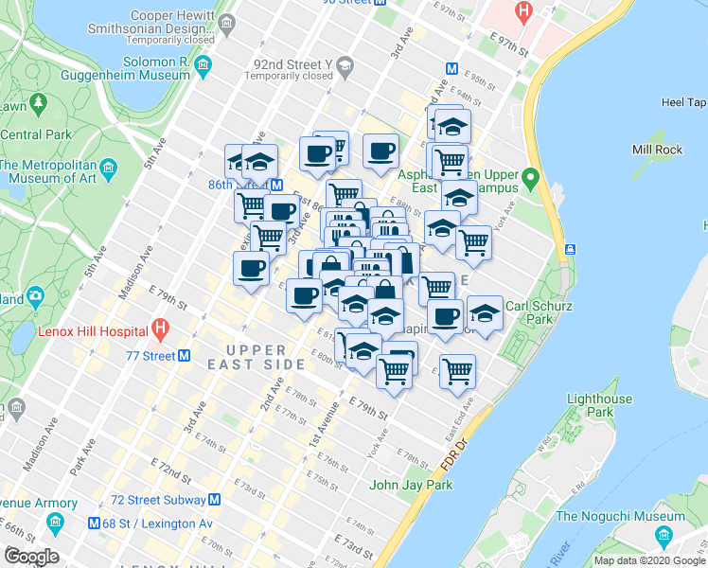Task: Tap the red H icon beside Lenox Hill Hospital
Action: pyautogui.click(x=160, y=331)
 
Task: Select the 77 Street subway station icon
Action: pyautogui.click(x=185, y=356)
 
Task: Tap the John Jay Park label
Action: pyautogui.click(x=411, y=485)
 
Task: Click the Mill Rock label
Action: pyautogui.click(x=656, y=150)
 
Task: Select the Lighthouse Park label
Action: pyautogui.click(x=599, y=406)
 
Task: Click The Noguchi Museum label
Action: pyautogui.click(x=620, y=516)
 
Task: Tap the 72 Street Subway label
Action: pyautogui.click(x=157, y=499)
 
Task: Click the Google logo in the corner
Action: pyautogui.click(x=31, y=557)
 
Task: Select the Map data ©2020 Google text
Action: pyautogui.click(x=649, y=560)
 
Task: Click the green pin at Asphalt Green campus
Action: pyautogui.click(x=531, y=177)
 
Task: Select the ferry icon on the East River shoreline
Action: pyautogui.click(x=571, y=249)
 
